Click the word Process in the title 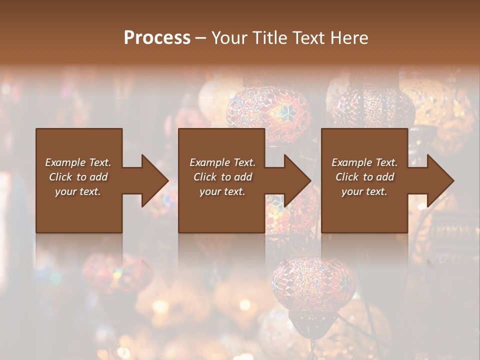click(x=157, y=37)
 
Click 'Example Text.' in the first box click(x=78, y=162)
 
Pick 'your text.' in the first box click(x=78, y=191)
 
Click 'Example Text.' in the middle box click(x=222, y=162)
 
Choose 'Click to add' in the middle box click(x=222, y=177)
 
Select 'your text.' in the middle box click(x=222, y=191)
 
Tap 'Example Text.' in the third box click(x=364, y=162)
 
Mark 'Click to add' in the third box click(x=364, y=177)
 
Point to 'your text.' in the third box click(x=364, y=191)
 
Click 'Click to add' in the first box click(x=78, y=177)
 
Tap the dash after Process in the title click(x=201, y=38)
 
